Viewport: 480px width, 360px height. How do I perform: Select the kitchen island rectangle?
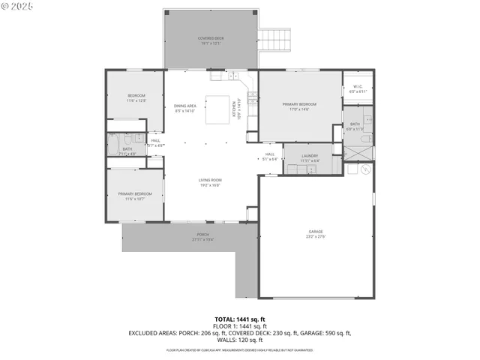tap(219, 109)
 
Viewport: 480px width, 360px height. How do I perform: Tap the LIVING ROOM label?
tap(210, 180)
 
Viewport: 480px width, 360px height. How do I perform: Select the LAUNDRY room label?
tap(310, 156)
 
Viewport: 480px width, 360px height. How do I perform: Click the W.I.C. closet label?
tap(358, 86)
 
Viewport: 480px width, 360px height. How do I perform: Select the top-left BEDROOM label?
tap(136, 96)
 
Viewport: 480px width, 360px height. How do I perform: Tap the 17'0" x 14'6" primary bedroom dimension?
tap(299, 109)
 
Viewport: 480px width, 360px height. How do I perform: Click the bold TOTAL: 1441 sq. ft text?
tap(240, 319)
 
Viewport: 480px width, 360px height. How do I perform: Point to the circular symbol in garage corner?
tap(366, 169)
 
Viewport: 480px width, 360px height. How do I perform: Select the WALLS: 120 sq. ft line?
tap(240, 340)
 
